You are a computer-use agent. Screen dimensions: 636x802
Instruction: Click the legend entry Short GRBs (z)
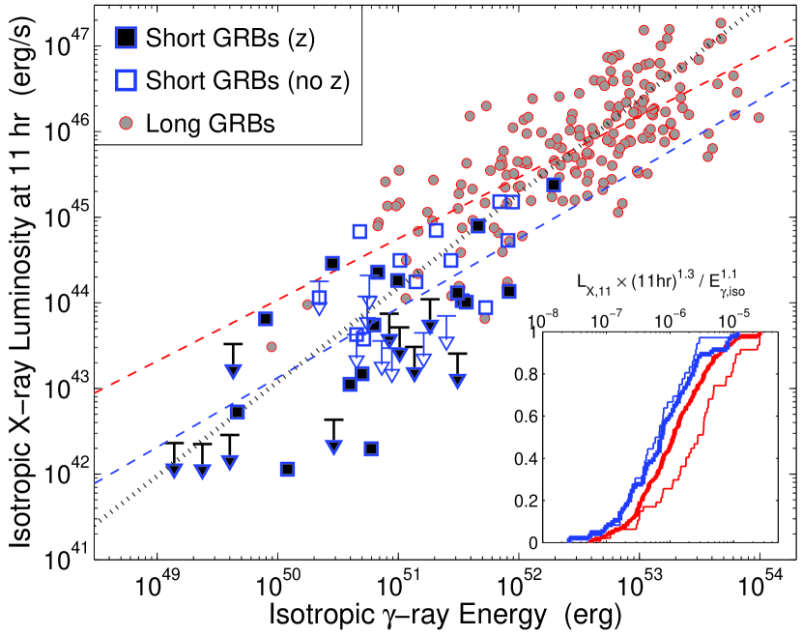[208, 38]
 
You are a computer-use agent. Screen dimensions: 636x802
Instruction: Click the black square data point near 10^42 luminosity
[287, 469]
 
